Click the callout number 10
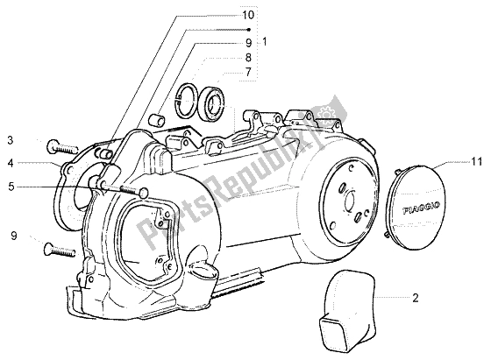click(x=247, y=15)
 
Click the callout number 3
click(x=11, y=139)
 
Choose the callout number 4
click(x=11, y=162)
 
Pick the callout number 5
click(x=11, y=186)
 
